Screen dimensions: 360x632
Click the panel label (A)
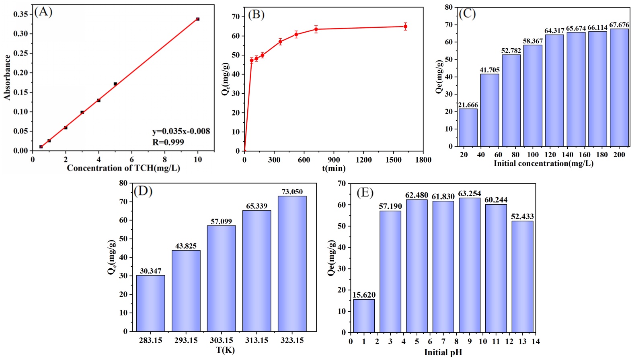(43, 12)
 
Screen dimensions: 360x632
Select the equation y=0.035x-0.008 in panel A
(181, 132)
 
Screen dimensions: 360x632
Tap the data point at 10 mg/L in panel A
(197, 19)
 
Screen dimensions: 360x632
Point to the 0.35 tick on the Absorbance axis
(21, 14)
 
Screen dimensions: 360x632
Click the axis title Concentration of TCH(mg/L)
(123, 168)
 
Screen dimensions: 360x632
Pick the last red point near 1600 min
(405, 27)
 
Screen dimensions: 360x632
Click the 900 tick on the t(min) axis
(334, 160)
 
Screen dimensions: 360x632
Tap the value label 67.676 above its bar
(619, 25)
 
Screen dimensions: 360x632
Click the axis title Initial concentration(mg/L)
(544, 163)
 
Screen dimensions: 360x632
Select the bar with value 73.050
(292, 263)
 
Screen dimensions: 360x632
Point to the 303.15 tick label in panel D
(222, 340)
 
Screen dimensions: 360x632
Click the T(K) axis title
(225, 350)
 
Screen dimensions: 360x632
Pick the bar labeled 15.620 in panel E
(364, 315)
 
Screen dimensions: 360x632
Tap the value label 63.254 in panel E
(470, 193)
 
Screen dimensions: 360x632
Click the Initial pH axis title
(443, 352)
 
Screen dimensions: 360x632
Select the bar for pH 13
(522, 276)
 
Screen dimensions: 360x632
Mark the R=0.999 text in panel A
(168, 142)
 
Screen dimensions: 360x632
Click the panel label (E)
(365, 193)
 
